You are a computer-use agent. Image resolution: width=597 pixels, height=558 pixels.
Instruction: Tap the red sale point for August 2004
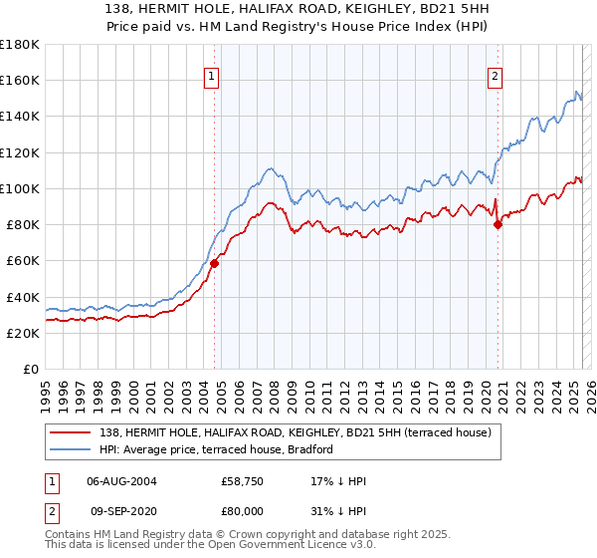(x=214, y=263)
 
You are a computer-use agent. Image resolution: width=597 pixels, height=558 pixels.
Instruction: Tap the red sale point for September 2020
(x=498, y=224)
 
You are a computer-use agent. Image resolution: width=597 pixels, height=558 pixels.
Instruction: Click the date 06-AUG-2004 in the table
(x=122, y=481)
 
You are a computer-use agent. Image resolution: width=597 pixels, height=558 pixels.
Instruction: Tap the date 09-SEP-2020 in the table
(x=122, y=511)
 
